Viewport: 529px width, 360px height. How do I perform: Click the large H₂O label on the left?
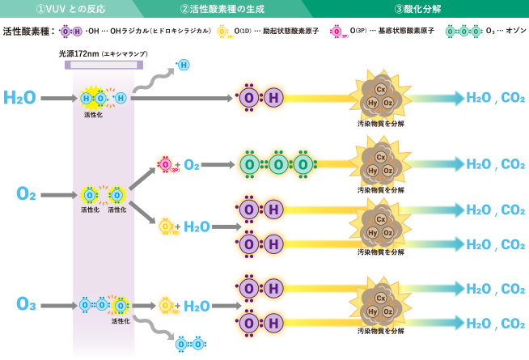[x=19, y=98]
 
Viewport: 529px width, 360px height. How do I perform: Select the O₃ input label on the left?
[x=25, y=304]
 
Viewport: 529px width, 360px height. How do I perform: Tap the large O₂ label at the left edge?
[x=25, y=194]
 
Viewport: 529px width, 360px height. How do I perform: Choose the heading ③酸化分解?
[x=419, y=9]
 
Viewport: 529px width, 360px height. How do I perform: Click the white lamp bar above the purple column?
[x=104, y=65]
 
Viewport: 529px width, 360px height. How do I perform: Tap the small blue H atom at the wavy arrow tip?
[x=184, y=65]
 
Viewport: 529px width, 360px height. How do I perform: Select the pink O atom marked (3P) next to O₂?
[x=166, y=164]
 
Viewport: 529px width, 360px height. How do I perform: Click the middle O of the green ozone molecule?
[x=277, y=164]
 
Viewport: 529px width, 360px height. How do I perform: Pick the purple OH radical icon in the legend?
[x=70, y=32]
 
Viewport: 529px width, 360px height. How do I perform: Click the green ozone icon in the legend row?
[x=463, y=32]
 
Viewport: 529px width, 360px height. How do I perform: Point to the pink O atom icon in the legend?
[x=336, y=32]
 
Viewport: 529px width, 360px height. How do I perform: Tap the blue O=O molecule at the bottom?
[x=189, y=344]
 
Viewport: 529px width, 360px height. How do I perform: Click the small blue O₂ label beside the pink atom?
[x=191, y=165]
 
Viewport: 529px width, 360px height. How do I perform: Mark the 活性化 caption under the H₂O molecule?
[x=93, y=115]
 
